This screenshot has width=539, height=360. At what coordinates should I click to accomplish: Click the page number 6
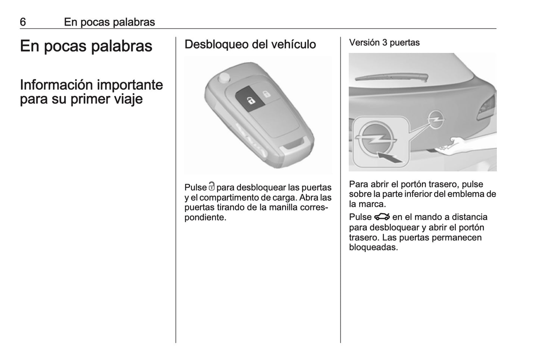coord(23,22)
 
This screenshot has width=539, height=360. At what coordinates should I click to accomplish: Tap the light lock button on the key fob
coord(266,94)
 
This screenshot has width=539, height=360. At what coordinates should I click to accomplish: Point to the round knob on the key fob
coord(224,78)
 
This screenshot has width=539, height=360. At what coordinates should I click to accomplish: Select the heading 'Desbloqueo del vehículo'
coord(250,44)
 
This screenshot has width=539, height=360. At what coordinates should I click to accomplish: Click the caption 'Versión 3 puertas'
coord(384,43)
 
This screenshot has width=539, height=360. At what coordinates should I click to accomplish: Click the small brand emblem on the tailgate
coord(434,119)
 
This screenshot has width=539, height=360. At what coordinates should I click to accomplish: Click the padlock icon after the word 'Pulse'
coord(212,186)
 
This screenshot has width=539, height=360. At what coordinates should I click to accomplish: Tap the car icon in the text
coord(382,217)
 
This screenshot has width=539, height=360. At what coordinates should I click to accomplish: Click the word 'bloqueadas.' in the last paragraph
coord(373,247)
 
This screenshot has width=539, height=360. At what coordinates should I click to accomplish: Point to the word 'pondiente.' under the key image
coord(206,217)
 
